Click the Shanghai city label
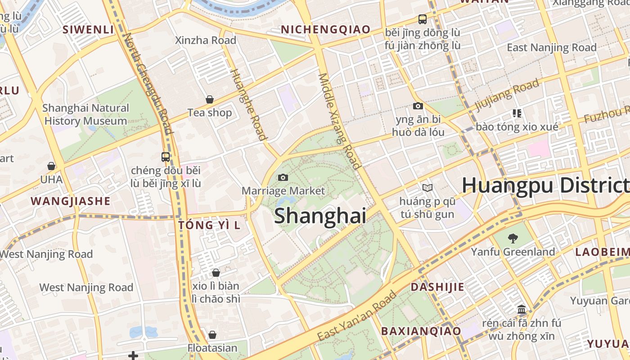point(319,216)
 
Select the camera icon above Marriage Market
point(283,177)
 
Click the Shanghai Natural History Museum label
point(85,115)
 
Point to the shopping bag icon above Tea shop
point(210,99)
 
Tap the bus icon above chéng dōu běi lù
point(166,157)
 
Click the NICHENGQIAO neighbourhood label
point(326,30)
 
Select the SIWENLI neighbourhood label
point(88,30)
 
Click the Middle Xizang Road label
point(340,121)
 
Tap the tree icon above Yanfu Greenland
point(513,238)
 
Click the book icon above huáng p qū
point(427,188)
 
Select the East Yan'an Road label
point(357,316)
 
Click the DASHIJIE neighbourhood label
point(437,287)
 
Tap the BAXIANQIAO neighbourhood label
point(421,331)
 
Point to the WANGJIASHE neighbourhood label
point(70,201)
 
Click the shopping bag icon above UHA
point(51,166)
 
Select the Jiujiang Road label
point(507,95)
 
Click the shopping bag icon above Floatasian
point(212,335)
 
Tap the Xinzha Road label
point(206,40)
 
